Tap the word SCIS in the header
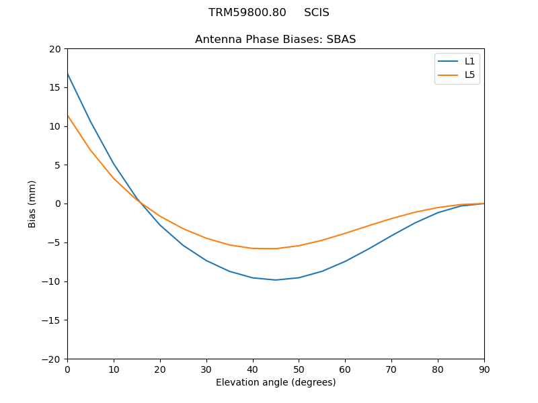(316, 13)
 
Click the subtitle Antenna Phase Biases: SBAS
(275, 40)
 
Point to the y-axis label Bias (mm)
(32, 204)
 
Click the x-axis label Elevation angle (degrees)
(275, 383)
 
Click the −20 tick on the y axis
(51, 359)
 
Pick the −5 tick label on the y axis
(54, 242)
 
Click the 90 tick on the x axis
(484, 369)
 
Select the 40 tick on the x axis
(252, 369)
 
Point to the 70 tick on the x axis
(391, 369)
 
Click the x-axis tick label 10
(114, 369)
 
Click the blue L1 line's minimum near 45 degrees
(276, 279)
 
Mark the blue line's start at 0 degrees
(68, 74)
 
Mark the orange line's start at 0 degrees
(68, 116)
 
